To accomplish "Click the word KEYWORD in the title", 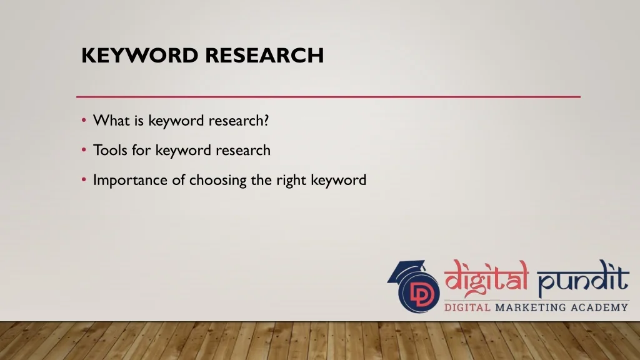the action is [x=139, y=55].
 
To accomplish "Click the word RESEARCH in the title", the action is [x=264, y=55].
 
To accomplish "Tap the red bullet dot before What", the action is [x=84, y=120].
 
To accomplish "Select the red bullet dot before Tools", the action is [x=84, y=150].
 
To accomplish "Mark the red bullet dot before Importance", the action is [x=84, y=179].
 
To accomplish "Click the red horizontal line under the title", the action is [x=328, y=97].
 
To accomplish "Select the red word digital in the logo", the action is [x=486, y=278].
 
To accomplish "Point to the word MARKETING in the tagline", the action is [x=531, y=307].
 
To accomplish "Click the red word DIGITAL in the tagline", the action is [x=467, y=307].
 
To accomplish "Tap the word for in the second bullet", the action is [x=141, y=150].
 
